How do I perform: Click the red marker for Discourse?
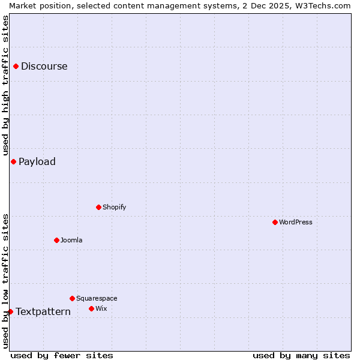(x=16, y=67)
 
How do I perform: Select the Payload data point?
(x=13, y=161)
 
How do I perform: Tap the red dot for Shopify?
(x=98, y=207)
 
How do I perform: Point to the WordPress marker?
(x=275, y=222)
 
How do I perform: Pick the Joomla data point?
(x=56, y=240)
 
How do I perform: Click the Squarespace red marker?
(x=72, y=298)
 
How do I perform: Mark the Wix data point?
(x=91, y=308)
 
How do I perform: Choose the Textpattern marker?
(x=10, y=311)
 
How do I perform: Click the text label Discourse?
(x=44, y=67)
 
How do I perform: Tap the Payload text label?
(x=37, y=161)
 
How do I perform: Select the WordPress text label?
(x=296, y=222)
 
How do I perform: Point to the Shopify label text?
(x=114, y=207)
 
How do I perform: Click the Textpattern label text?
(x=43, y=311)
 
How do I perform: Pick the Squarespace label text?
(x=97, y=298)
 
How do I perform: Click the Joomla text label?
(x=71, y=240)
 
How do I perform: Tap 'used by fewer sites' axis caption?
(x=62, y=355)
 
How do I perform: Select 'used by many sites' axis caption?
(x=301, y=355)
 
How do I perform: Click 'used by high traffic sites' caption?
(x=5, y=86)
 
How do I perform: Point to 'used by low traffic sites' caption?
(x=5, y=281)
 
